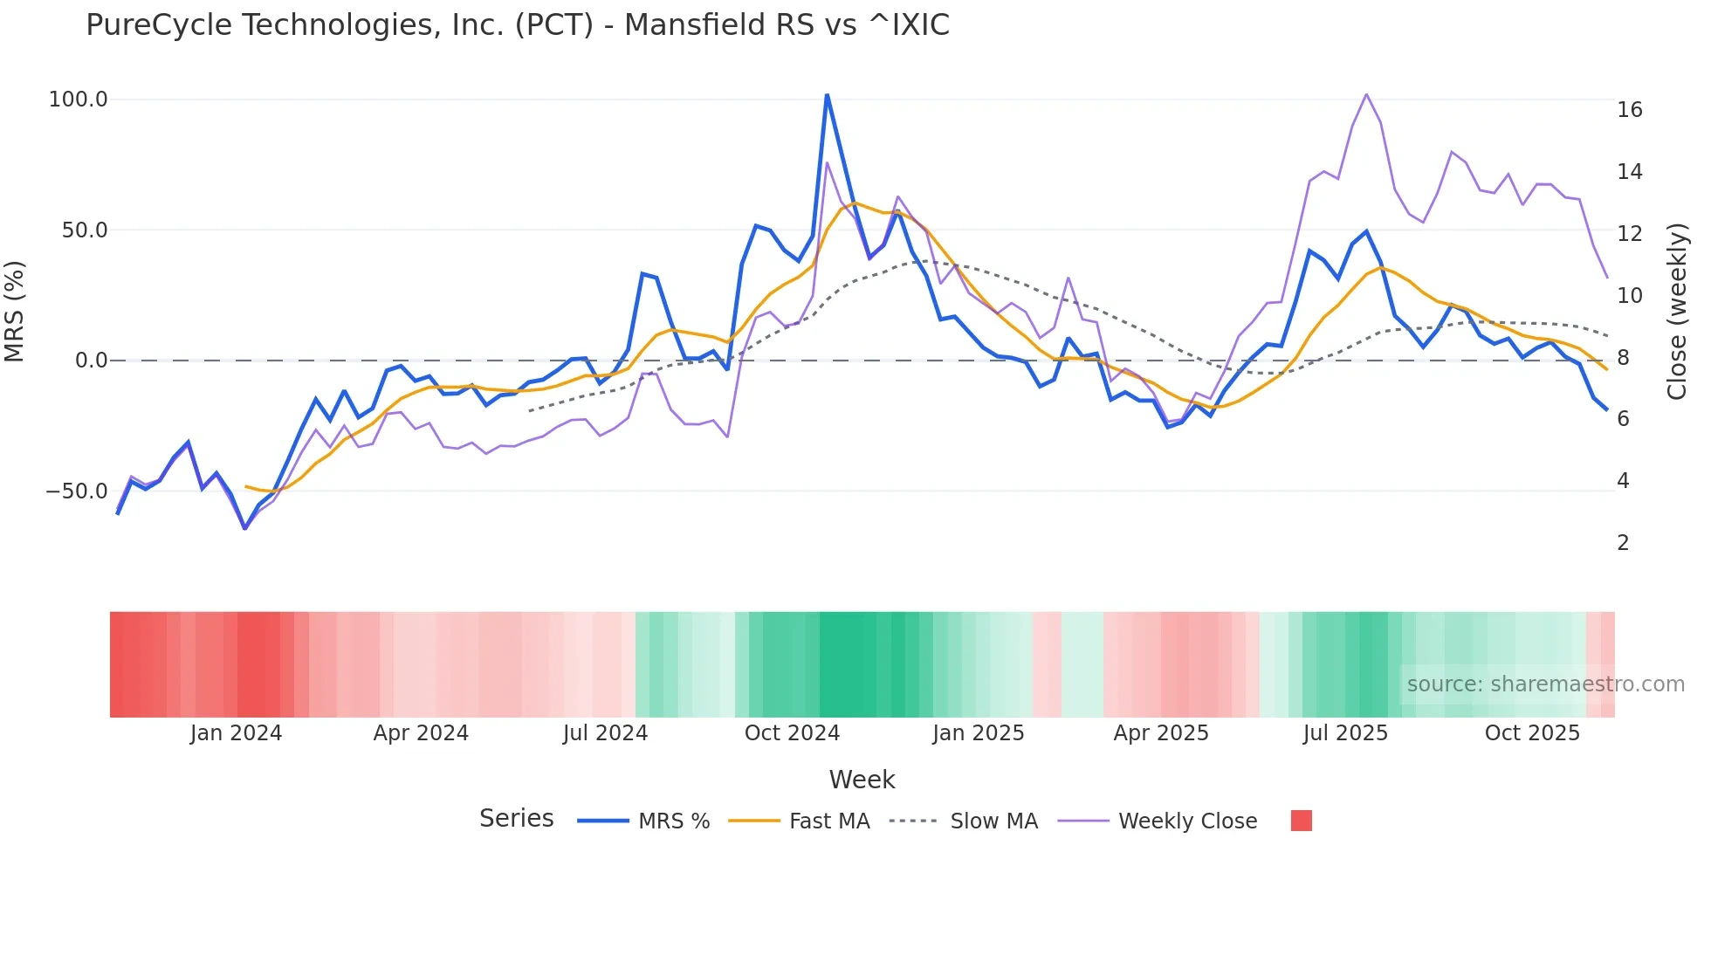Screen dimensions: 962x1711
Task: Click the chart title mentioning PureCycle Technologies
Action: tap(517, 25)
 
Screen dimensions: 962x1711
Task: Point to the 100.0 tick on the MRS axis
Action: tap(79, 100)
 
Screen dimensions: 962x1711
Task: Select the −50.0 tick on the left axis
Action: tap(77, 491)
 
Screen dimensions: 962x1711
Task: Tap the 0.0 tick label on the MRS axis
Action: tap(91, 361)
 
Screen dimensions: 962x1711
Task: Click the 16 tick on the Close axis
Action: tap(1629, 110)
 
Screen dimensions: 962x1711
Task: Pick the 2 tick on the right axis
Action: tap(1623, 543)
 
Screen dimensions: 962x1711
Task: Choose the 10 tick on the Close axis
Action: tap(1629, 296)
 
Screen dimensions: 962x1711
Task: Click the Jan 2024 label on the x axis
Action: tap(236, 733)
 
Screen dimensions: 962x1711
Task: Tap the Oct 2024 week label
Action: tap(792, 733)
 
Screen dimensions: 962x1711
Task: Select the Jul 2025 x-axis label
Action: tap(1345, 733)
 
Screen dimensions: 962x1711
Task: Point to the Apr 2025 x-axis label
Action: tap(1161, 733)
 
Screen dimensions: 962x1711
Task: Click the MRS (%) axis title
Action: tap(15, 312)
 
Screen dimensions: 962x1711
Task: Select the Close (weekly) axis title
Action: tap(1677, 312)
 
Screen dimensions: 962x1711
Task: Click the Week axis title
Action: tap(862, 780)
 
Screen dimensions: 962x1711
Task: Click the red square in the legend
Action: tap(1301, 821)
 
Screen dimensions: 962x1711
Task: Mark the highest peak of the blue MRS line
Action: tap(827, 95)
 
